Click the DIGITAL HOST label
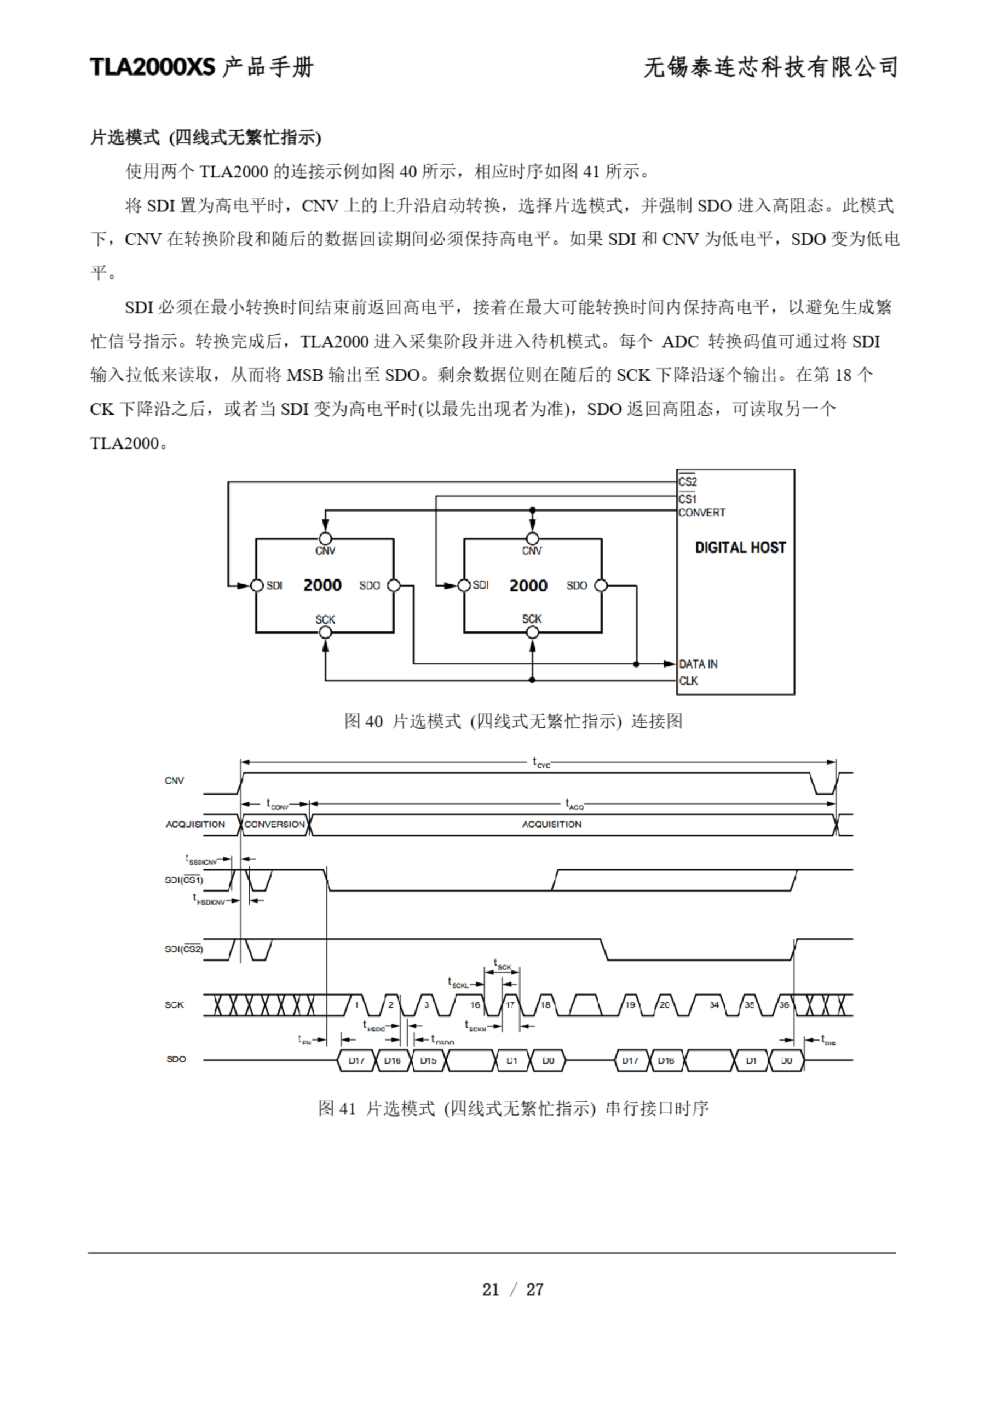click(x=740, y=548)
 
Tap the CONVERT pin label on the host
click(x=701, y=513)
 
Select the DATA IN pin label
click(x=699, y=664)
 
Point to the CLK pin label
click(x=689, y=681)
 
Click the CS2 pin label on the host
click(x=688, y=482)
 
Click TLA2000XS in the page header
click(x=153, y=67)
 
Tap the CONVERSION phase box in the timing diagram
click(x=275, y=824)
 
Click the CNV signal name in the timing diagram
click(x=174, y=780)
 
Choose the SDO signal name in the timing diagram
click(x=176, y=1059)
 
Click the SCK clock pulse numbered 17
click(x=510, y=1004)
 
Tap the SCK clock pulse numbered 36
click(x=784, y=1004)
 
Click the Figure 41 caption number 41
click(x=347, y=1108)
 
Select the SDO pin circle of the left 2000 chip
click(x=394, y=585)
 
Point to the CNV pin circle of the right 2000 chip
click(x=532, y=538)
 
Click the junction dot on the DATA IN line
click(x=636, y=664)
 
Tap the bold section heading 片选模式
click(x=125, y=137)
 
